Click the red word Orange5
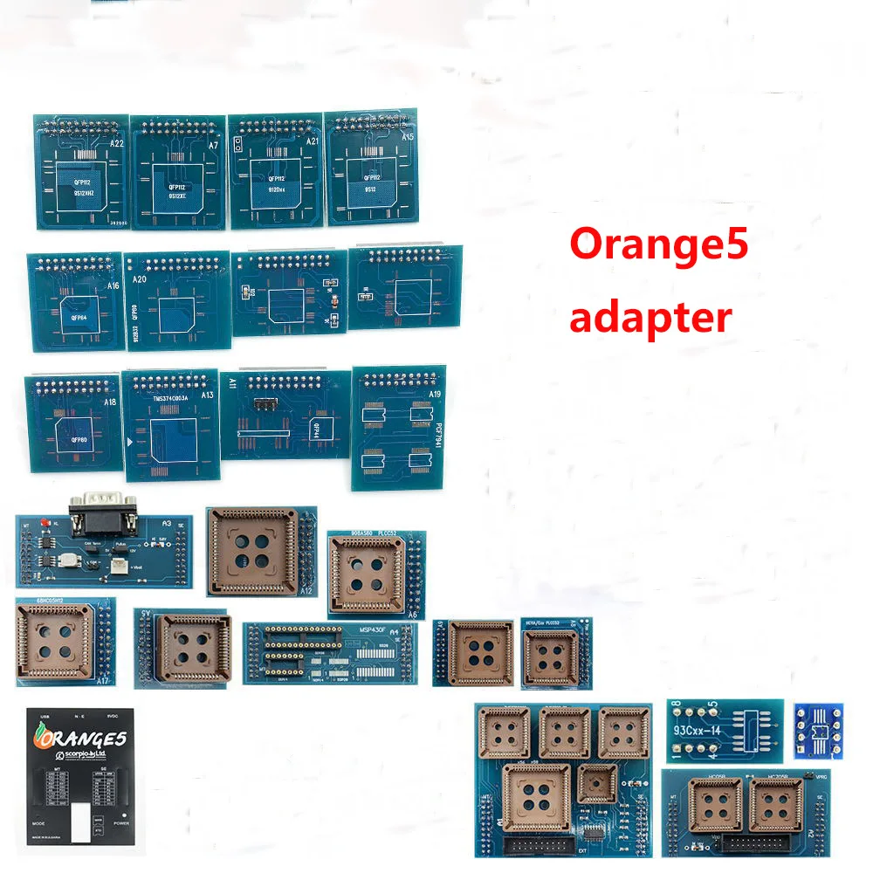[x=659, y=247]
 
